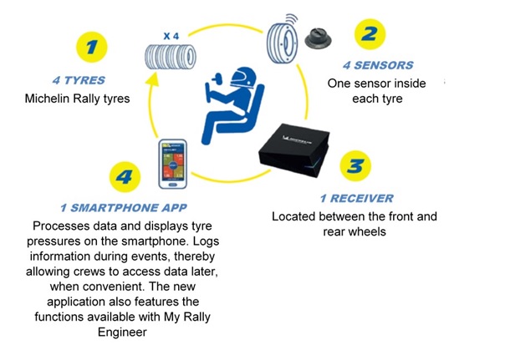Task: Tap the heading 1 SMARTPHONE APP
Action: pyautogui.click(x=123, y=208)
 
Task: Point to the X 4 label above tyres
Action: pyautogui.click(x=172, y=35)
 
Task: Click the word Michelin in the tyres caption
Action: pyautogui.click(x=48, y=99)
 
